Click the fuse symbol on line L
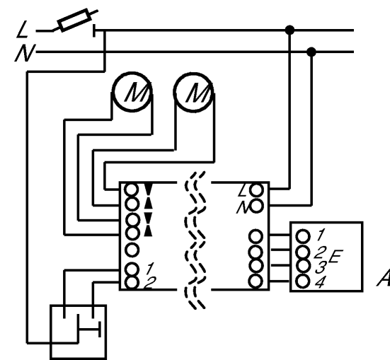pyautogui.click(x=74, y=21)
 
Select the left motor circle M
pyautogui.click(x=132, y=92)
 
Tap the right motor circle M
pyautogui.click(x=193, y=92)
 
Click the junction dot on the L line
pyautogui.click(x=289, y=30)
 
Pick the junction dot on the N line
pyautogui.click(x=311, y=52)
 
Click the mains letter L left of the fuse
pyautogui.click(x=22, y=29)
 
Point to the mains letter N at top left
pyautogui.click(x=25, y=53)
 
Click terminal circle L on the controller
pyautogui.click(x=256, y=190)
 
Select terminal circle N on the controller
pyautogui.click(x=256, y=206)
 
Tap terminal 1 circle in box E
pyautogui.click(x=303, y=236)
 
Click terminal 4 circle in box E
pyautogui.click(x=303, y=281)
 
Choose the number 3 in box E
pyautogui.click(x=321, y=267)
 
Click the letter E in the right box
pyautogui.click(x=335, y=257)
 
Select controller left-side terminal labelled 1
pyautogui.click(x=132, y=269)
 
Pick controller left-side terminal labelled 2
pyautogui.click(x=132, y=283)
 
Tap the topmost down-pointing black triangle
pyautogui.click(x=149, y=189)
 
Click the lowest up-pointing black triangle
pyautogui.click(x=149, y=231)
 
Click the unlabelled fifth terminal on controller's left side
pyautogui.click(x=132, y=250)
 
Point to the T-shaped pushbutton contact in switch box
pyautogui.click(x=90, y=330)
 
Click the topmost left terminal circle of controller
pyautogui.click(x=132, y=190)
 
